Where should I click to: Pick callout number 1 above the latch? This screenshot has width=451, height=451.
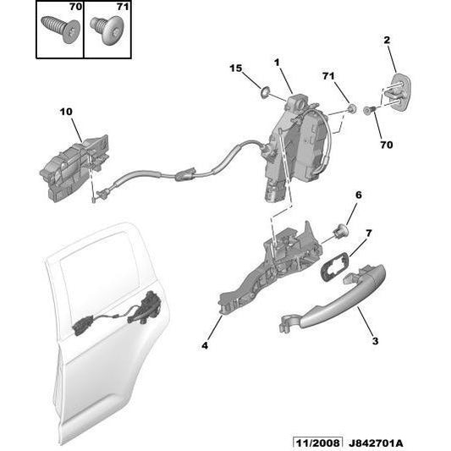pos(276,63)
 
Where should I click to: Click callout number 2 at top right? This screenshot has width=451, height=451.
pos(387,40)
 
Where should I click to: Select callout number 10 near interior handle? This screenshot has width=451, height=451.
pos(66,111)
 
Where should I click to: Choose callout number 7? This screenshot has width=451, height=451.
pos(369,232)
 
